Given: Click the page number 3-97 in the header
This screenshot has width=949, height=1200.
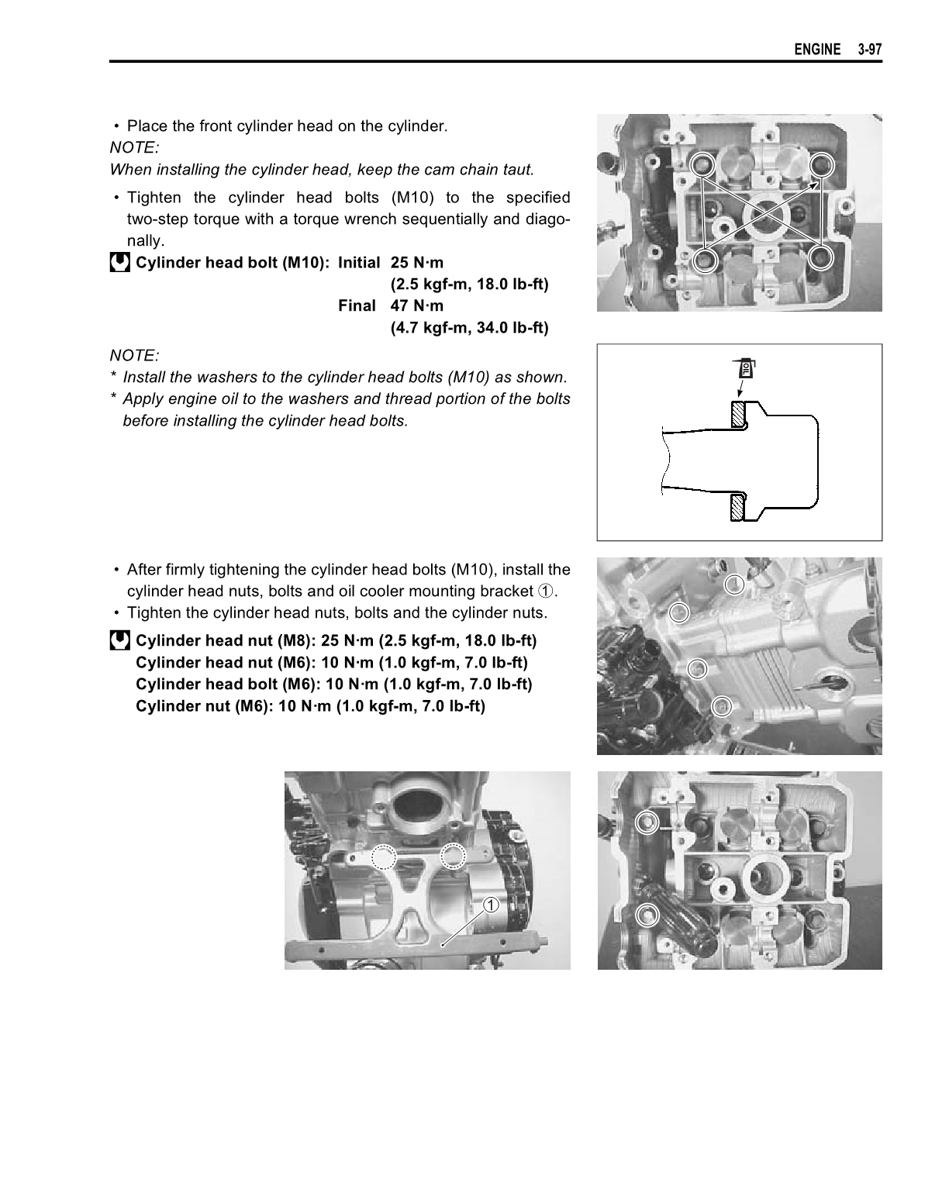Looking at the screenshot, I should click(870, 50).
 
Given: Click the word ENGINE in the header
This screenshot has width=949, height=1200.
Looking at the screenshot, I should click(816, 50).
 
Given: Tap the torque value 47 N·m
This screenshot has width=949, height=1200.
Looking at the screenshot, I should click(416, 305).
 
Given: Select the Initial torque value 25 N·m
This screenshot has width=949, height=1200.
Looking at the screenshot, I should click(416, 262).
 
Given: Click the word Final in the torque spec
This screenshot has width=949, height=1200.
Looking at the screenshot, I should click(357, 305).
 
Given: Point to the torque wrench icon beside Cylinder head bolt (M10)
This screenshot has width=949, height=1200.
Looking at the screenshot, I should click(119, 263).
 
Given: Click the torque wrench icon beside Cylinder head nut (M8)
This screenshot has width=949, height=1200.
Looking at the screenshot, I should click(119, 640).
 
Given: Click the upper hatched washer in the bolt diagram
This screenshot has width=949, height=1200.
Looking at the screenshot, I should click(738, 416).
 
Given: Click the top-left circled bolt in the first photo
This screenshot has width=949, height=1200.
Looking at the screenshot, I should click(702, 164).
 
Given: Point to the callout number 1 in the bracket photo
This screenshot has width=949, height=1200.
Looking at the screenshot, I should click(491, 905).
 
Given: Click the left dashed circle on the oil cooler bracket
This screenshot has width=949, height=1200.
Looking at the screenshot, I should click(382, 857).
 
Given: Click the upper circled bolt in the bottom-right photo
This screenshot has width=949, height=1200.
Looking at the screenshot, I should click(647, 822).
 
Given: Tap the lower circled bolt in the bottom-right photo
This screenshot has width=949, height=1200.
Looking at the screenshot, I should click(645, 916).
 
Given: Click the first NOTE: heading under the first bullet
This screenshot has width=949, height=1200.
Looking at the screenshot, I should click(134, 147).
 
